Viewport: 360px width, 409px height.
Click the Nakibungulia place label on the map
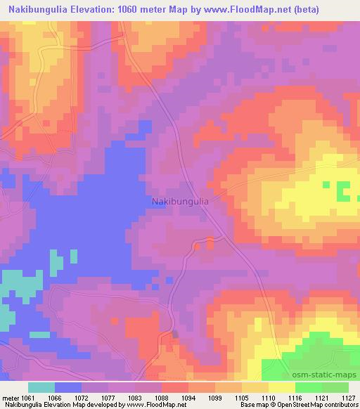[x=180, y=201]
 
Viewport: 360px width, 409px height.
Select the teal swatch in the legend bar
[x=41, y=387]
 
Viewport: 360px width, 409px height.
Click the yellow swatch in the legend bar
[x=282, y=387]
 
